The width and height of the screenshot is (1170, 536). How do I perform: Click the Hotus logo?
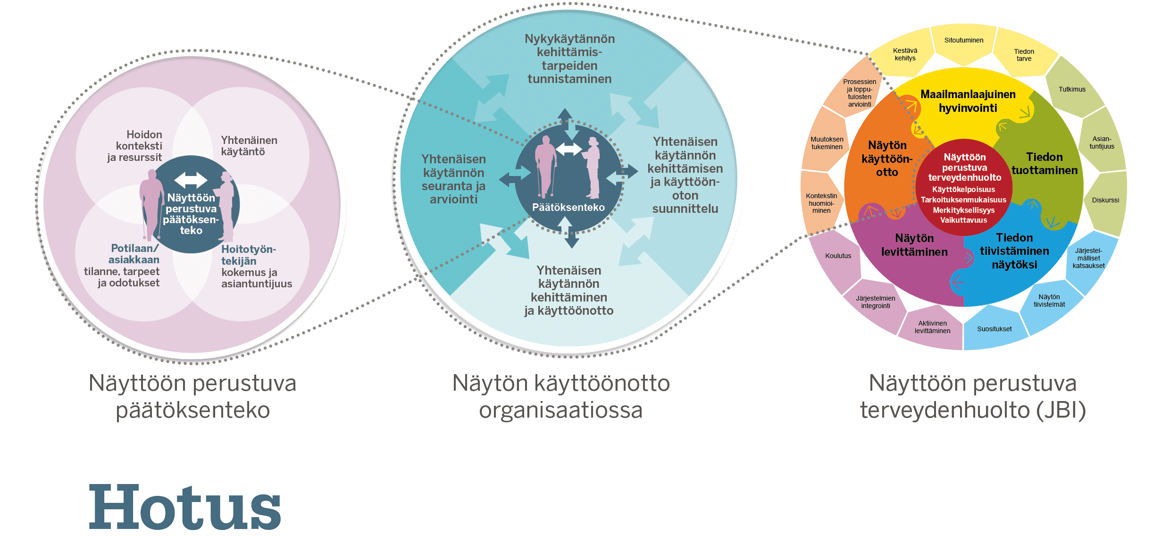click(x=184, y=507)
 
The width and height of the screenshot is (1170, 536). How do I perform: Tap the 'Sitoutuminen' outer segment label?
click(x=963, y=41)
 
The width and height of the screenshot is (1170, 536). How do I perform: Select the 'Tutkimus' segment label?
click(x=1072, y=89)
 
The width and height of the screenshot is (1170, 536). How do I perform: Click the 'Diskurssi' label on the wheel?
click(x=1105, y=200)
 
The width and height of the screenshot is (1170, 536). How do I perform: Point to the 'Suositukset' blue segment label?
click(x=994, y=329)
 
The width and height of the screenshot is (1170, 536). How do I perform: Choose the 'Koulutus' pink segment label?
click(x=838, y=256)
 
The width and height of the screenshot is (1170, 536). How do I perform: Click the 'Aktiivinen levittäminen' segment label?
click(x=932, y=327)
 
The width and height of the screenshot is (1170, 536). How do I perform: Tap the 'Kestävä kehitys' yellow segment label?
click(x=905, y=54)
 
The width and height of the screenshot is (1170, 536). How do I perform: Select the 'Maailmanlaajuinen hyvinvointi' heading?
click(x=968, y=101)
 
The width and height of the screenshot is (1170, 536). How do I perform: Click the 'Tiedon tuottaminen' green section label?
click(x=1044, y=163)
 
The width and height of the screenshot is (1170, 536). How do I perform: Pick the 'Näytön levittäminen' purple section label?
click(x=914, y=245)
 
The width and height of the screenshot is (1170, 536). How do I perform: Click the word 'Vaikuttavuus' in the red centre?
click(x=963, y=220)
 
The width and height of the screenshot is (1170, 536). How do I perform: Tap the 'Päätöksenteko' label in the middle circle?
click(x=568, y=207)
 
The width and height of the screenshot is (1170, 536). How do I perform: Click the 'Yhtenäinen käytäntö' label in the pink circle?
click(x=249, y=146)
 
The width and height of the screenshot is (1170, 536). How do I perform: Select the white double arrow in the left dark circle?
click(x=191, y=180)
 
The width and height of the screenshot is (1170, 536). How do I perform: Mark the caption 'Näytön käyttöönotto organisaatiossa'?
click(x=561, y=396)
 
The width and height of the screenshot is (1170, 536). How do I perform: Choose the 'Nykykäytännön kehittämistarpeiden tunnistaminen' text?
click(x=569, y=59)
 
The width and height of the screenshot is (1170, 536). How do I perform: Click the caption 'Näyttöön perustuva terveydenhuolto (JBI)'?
click(x=972, y=396)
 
